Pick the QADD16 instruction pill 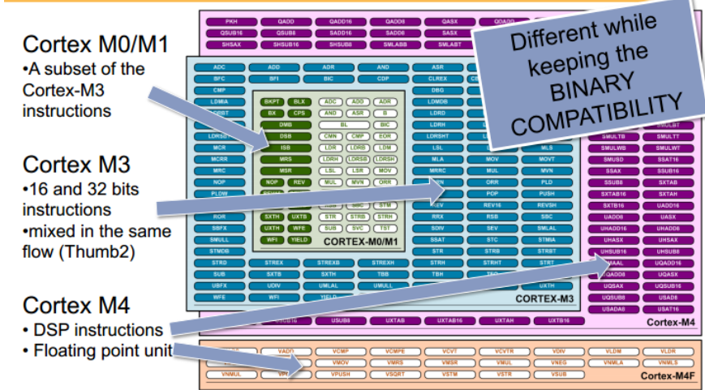(342, 22)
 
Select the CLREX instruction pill (438, 79)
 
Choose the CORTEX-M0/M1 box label (363, 242)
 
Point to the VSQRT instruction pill (396, 375)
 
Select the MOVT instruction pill (546, 160)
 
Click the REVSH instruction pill (546, 206)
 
